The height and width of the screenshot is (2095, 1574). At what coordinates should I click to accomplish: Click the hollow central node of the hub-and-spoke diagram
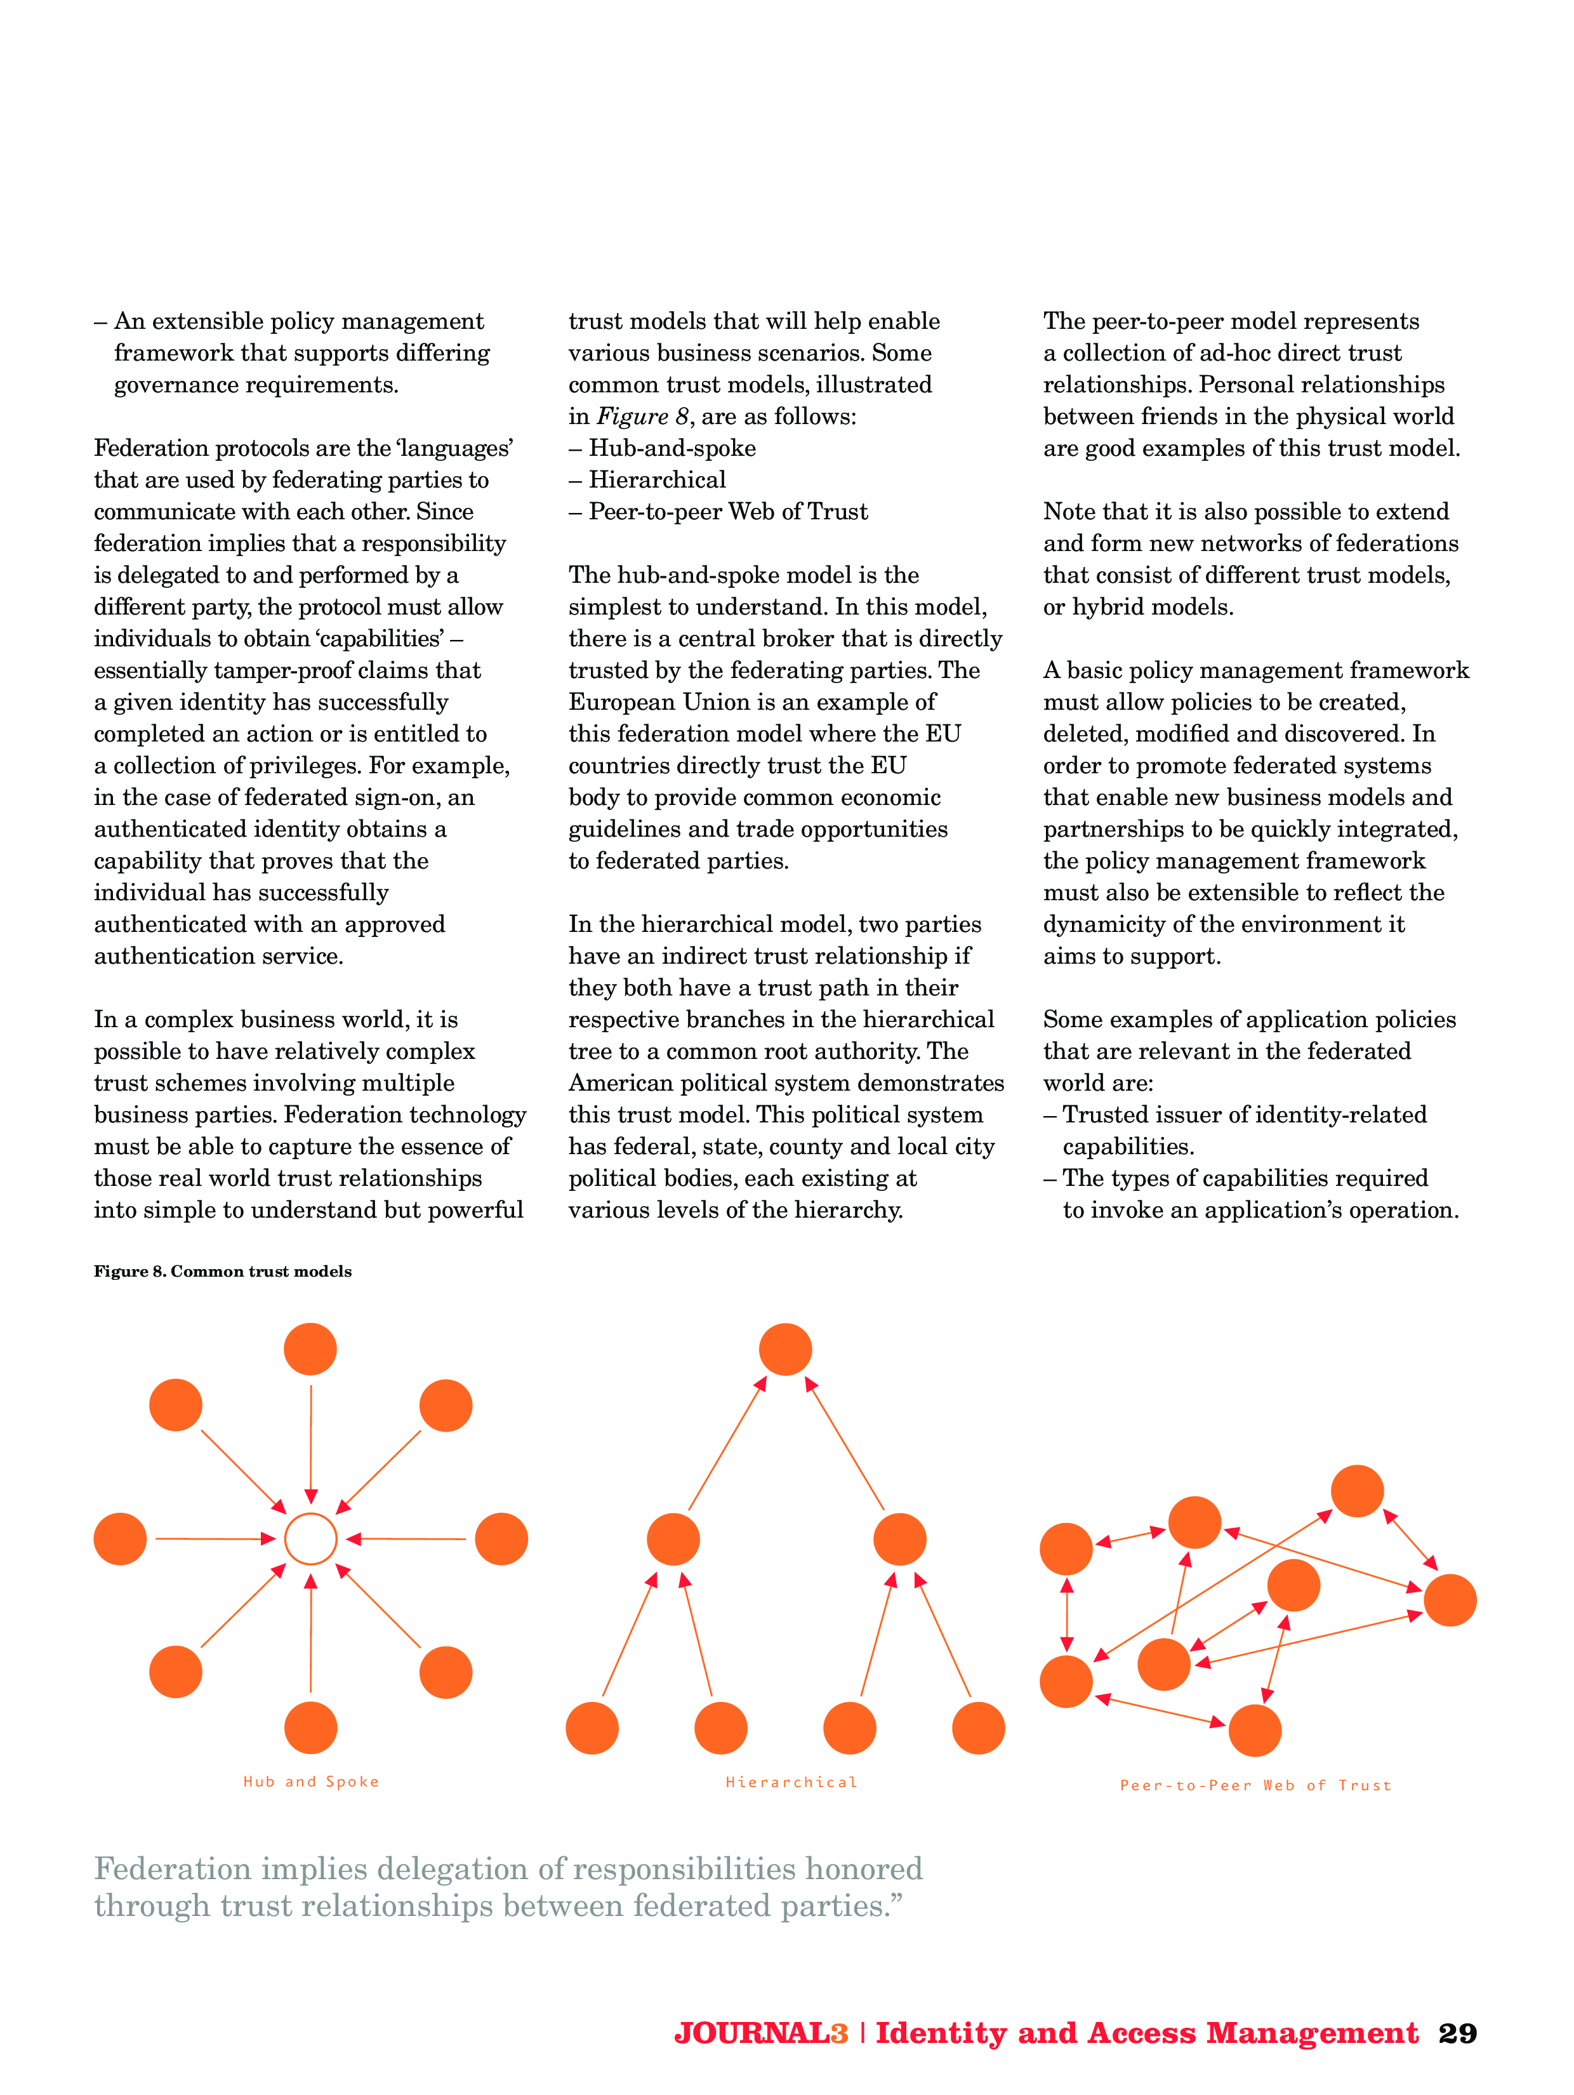[x=310, y=1538]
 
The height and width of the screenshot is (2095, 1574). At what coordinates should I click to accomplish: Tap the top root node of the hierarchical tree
[x=785, y=1348]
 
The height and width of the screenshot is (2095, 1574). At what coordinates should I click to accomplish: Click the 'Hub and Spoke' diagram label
[x=310, y=1781]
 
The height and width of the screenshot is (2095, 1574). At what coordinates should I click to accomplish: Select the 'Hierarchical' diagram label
[x=791, y=1781]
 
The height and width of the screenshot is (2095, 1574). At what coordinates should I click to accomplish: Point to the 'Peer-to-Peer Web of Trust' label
[x=1255, y=1785]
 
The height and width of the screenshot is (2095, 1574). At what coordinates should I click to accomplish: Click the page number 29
[x=1457, y=2033]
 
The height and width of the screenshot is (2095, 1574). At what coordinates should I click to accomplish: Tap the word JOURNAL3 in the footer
[x=760, y=2033]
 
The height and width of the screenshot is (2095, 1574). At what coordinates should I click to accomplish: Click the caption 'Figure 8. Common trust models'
[x=223, y=1271]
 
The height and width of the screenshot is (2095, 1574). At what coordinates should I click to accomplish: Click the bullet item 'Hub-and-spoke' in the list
[x=671, y=448]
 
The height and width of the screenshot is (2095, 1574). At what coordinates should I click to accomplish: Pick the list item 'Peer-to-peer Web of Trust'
[x=727, y=512]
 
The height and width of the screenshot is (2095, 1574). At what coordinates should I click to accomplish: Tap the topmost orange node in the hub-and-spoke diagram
[x=310, y=1348]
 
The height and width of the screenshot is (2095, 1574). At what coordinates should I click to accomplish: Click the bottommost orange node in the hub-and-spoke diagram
[x=310, y=1727]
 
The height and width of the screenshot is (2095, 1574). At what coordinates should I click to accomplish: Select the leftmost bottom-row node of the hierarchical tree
[x=592, y=1727]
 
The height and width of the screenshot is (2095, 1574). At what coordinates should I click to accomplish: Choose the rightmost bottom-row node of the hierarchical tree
[x=978, y=1727]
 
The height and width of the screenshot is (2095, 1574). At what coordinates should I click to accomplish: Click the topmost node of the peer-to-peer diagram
[x=1357, y=1491]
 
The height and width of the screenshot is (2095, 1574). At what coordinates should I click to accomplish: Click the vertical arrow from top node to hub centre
[x=310, y=1444]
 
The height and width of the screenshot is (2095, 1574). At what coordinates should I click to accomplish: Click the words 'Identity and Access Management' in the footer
[x=1147, y=2033]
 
